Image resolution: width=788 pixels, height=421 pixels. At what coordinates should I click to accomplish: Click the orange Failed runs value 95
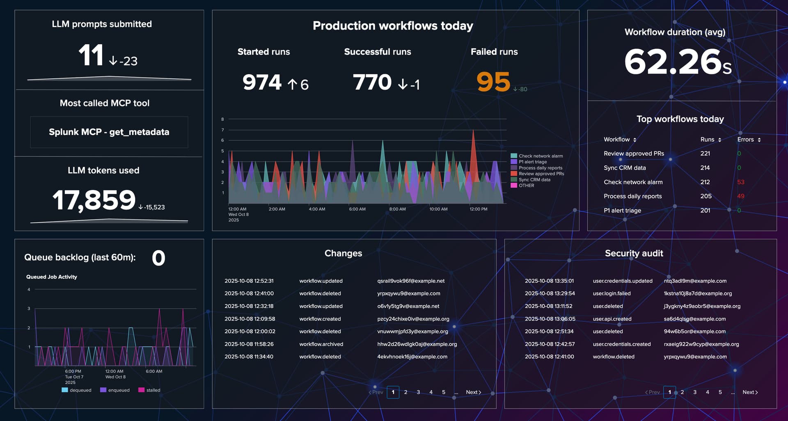pos(493,82)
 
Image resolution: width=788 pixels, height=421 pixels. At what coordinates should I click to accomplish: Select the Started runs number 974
pos(262,82)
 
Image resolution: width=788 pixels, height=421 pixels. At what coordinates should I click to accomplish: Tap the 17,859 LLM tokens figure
pos(94,200)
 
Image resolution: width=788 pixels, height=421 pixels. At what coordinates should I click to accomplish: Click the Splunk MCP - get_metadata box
pos(109,132)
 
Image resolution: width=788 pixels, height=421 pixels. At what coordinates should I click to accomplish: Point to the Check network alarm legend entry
pos(540,156)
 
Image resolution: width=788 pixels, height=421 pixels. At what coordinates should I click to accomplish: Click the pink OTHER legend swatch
pos(513,185)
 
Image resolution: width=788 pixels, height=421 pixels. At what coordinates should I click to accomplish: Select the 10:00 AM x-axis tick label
pos(438,209)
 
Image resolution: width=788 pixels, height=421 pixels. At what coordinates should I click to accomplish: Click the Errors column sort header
pos(749,140)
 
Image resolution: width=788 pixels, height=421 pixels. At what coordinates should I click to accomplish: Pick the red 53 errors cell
pos(740,182)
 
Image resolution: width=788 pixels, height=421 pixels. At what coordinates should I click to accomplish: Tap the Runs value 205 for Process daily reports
pos(706,196)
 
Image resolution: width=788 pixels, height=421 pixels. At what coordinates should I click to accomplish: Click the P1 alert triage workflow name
pos(622,210)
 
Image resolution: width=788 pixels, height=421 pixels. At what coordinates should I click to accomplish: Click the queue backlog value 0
pos(158,258)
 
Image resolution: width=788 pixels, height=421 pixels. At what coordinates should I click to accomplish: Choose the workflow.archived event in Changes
pos(321,344)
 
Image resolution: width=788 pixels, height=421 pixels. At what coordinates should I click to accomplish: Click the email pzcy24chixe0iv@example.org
pos(413,319)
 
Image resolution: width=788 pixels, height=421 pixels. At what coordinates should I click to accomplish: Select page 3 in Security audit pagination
pos(695,392)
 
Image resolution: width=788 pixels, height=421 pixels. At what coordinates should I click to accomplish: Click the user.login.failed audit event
pos(612,293)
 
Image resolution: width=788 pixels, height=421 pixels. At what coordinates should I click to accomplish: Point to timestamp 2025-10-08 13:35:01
pos(549,281)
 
